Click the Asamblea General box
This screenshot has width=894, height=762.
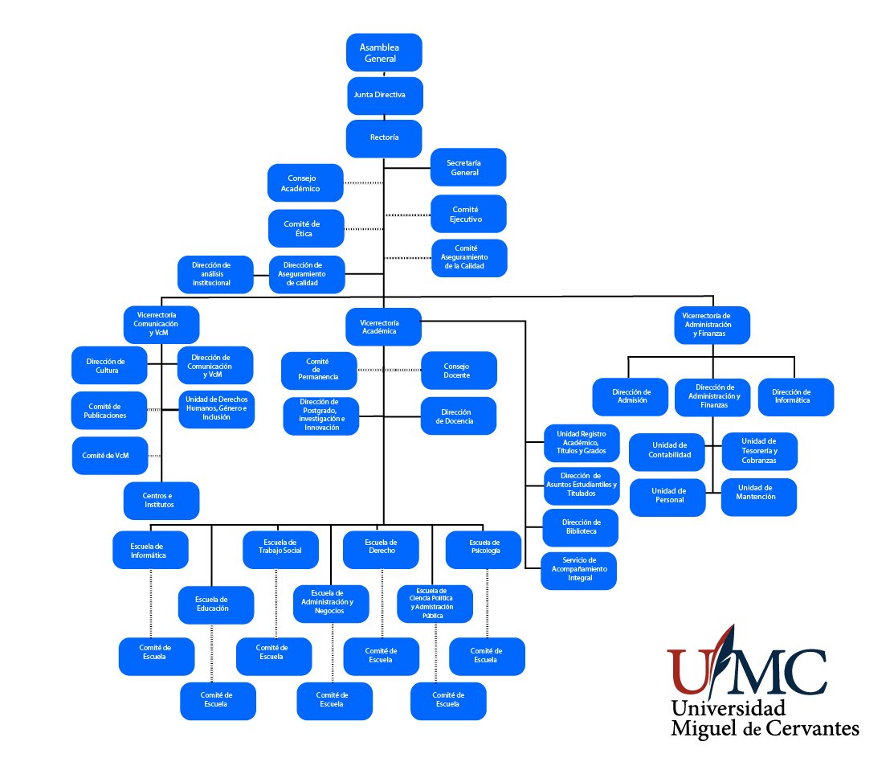384,52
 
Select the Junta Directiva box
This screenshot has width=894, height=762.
384,95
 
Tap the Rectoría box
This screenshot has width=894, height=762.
384,137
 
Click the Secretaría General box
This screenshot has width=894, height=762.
468,166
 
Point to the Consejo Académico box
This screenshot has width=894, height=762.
305,183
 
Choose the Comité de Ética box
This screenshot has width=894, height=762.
305,228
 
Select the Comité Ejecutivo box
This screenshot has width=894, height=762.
468,214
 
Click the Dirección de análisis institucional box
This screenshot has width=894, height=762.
215,274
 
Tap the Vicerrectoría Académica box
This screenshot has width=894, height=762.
384,327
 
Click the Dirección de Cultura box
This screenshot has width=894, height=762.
109,366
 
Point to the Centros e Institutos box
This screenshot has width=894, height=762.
161,501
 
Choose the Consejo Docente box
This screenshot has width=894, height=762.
459,371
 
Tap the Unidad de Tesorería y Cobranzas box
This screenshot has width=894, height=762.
760,451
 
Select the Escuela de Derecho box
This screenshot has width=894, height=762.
381,550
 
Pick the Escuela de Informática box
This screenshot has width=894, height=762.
150,550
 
